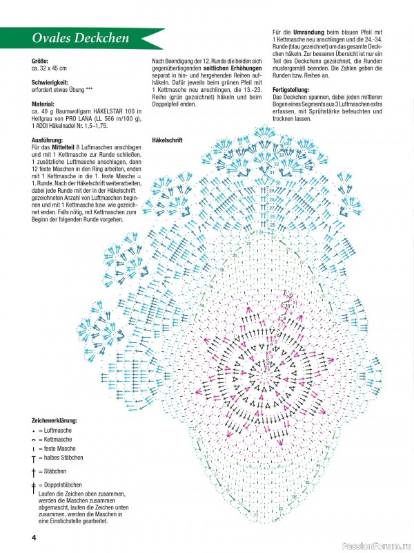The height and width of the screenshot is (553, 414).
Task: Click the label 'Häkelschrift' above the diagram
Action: (x=168, y=140)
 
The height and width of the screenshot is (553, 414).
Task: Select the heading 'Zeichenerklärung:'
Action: (x=55, y=420)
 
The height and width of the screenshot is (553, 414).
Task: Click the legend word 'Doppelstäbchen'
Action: (x=64, y=485)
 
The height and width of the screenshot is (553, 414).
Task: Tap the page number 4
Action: (x=33, y=537)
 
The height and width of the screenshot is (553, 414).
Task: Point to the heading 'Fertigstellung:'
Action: (x=293, y=90)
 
